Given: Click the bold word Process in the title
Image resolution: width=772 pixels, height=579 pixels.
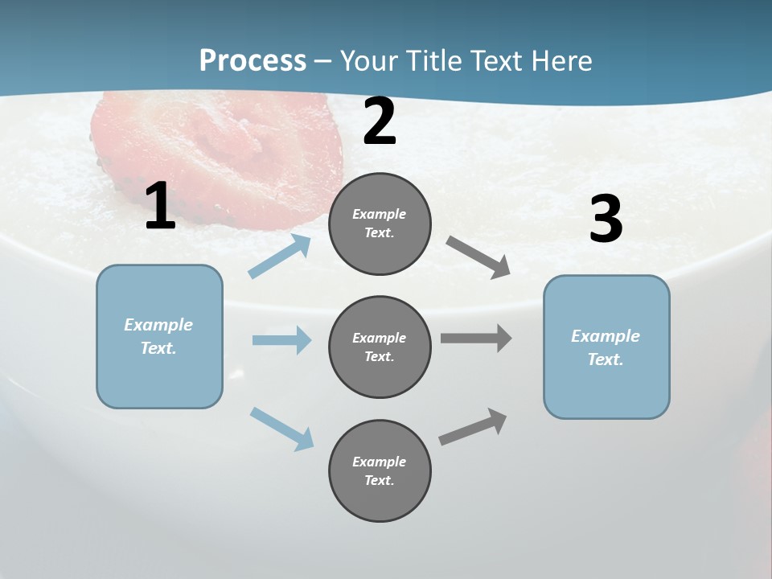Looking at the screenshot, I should [x=253, y=61].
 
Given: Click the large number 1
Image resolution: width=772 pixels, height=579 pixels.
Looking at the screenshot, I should [x=160, y=207].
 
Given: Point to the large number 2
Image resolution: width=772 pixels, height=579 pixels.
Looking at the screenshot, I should [x=380, y=121].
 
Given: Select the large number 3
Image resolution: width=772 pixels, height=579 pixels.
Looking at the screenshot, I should [x=606, y=220].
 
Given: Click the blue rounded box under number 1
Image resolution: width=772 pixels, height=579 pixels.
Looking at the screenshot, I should [x=159, y=336].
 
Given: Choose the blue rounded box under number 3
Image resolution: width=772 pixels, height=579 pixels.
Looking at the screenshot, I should [x=606, y=347].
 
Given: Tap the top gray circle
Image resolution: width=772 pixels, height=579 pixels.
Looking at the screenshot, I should [x=380, y=224].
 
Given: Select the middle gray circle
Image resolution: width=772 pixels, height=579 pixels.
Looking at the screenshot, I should [x=380, y=347].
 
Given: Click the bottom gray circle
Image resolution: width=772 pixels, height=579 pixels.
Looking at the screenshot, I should [x=380, y=470].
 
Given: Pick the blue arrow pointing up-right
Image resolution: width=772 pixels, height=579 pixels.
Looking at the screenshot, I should [x=280, y=256].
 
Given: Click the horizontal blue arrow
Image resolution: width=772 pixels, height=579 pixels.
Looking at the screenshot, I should [x=281, y=340].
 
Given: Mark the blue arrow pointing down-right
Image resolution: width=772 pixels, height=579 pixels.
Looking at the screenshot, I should [x=281, y=428].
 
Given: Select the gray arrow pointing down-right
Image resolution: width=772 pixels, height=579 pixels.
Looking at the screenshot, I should [x=478, y=257].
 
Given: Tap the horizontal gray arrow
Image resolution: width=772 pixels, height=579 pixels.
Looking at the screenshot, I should [x=476, y=338].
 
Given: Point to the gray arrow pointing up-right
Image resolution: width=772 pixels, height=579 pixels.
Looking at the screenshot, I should [x=473, y=426].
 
